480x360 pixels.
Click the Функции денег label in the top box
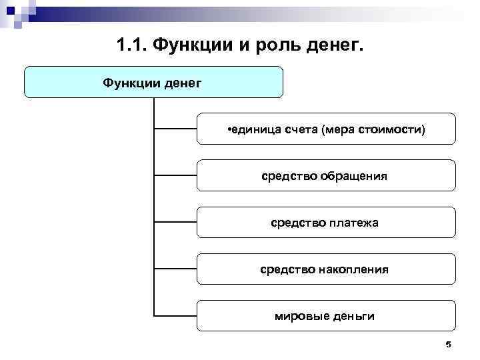pyautogui.click(x=153, y=83)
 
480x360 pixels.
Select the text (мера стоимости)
pyautogui.click(x=373, y=129)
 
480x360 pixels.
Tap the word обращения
pyautogui.click(x=353, y=176)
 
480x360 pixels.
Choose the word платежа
pyautogui.click(x=353, y=223)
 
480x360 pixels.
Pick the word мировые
pyautogui.click(x=299, y=316)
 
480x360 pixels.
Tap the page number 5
pyautogui.click(x=448, y=344)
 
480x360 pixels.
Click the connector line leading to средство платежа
pyautogui.click(x=175, y=222)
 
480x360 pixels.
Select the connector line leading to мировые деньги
pyautogui.click(x=175, y=315)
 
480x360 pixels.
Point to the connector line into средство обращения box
pyautogui.click(x=175, y=175)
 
